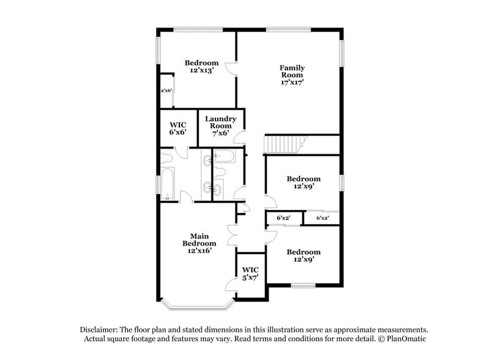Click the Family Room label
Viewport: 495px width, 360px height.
(292, 72)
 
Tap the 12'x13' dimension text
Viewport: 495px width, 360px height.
(202, 70)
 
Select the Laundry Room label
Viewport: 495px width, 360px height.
(220, 122)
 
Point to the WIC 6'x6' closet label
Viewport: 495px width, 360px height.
(177, 129)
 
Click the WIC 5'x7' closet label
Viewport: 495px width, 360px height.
(250, 274)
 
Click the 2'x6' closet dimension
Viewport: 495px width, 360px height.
(166, 91)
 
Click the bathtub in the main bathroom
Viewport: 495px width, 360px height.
(167, 184)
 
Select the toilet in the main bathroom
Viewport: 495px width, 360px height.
(166, 158)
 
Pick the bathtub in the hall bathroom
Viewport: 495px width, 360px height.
(224, 156)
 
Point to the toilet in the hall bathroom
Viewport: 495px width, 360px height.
(220, 173)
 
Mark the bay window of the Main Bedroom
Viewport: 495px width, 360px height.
(198, 305)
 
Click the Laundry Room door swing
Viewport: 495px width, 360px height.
(239, 137)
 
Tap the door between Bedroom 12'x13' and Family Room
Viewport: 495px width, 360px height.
(231, 69)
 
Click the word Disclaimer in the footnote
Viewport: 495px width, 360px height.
(99, 329)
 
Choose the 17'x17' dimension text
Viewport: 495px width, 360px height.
(292, 82)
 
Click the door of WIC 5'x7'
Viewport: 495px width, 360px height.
(231, 285)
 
